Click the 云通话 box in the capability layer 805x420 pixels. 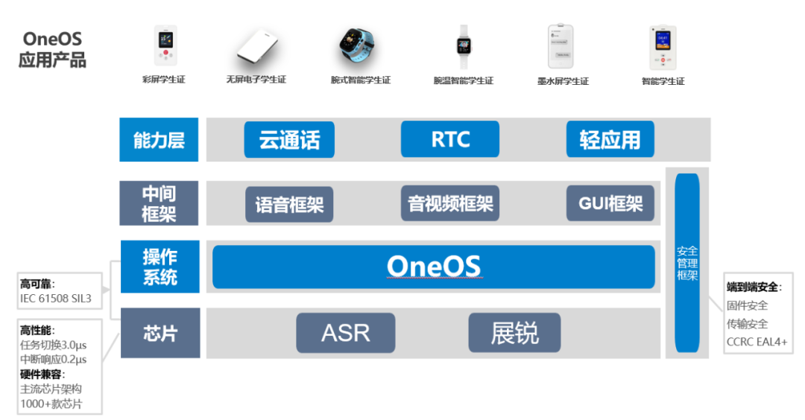tap(289, 139)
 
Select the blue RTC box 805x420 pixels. tap(449, 139)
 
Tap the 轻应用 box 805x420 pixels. tap(610, 139)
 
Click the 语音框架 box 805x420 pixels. tap(289, 204)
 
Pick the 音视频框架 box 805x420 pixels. tap(449, 203)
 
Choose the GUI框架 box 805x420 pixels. tap(610, 203)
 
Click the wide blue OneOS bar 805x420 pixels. tap(433, 267)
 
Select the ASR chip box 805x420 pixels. tap(345, 332)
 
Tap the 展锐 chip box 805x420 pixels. tap(514, 332)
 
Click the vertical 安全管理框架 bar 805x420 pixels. tap(686, 262)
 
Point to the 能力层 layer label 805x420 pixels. tap(159, 139)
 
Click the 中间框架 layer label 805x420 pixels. tap(159, 203)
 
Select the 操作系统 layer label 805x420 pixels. tap(160, 267)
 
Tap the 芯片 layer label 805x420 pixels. tap(160, 332)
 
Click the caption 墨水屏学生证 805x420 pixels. tap(563, 80)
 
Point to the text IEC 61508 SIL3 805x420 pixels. tap(55, 299)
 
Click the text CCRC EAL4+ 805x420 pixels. tap(757, 342)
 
